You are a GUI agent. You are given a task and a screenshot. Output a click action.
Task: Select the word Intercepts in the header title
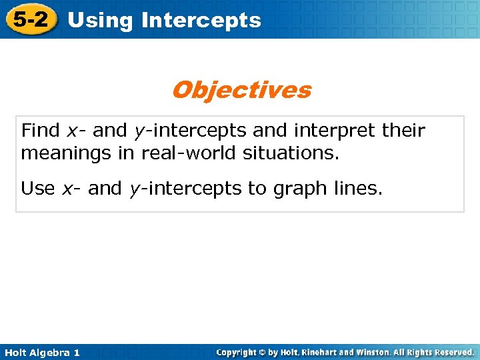[201, 21]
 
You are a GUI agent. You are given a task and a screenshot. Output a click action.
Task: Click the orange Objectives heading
[241, 90]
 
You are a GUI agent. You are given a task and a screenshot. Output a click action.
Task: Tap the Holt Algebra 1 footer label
[41, 353]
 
